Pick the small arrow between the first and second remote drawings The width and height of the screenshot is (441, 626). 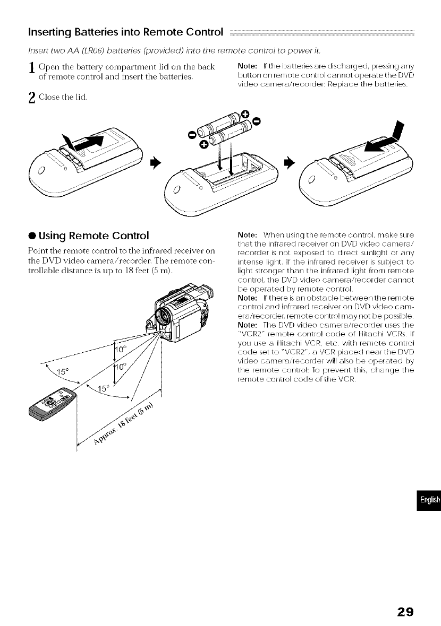tap(156, 160)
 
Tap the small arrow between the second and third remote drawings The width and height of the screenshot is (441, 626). tap(290, 160)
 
